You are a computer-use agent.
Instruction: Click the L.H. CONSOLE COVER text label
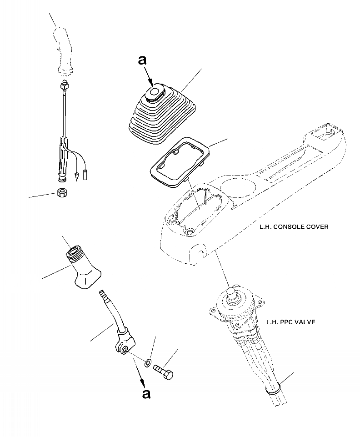(x=293, y=226)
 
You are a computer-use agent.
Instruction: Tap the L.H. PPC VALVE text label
(x=290, y=322)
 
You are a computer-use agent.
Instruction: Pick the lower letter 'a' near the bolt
(x=146, y=394)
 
